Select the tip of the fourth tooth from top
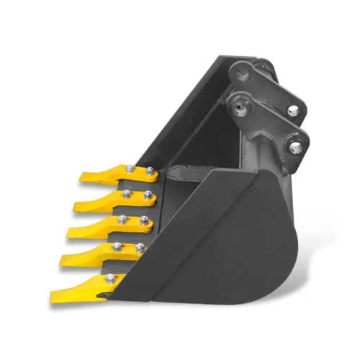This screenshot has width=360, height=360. pos(63,261)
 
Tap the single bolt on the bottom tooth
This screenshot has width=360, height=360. pos(109,278)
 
